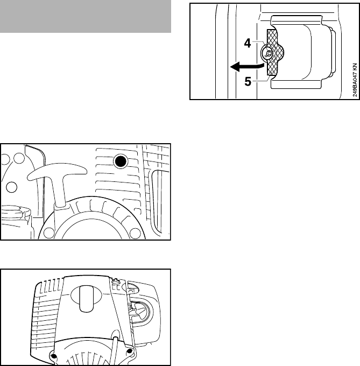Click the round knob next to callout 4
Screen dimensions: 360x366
coord(268,53)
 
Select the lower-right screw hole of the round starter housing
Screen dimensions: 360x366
coord(135,233)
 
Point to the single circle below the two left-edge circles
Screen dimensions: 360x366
coord(11,187)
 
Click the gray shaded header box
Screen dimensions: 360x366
coord(86,16)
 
